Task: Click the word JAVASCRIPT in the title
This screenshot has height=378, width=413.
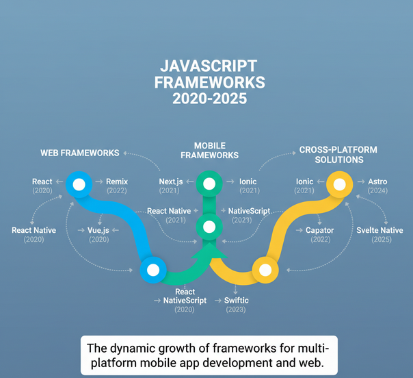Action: point(208,66)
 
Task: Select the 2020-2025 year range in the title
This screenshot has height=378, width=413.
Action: point(208,99)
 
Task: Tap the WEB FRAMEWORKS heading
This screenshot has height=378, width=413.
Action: point(80,153)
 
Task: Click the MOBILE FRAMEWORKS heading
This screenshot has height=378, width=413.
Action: point(209,151)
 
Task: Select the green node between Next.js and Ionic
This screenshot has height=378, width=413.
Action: point(209,183)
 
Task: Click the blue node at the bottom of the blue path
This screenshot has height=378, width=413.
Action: point(153,270)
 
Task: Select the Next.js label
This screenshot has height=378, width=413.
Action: point(171,182)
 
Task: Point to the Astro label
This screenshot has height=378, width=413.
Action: point(377,182)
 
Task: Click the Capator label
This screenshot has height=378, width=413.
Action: point(319,231)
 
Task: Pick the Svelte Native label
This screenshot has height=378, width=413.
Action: point(379,231)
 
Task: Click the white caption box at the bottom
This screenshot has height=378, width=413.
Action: point(208,354)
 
